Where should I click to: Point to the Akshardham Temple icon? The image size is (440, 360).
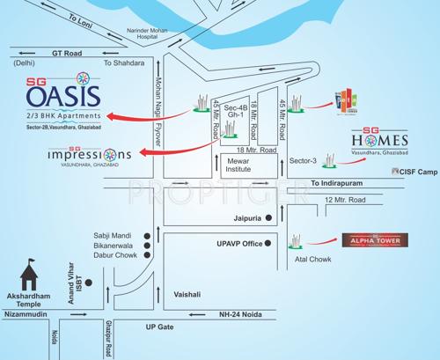31,275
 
